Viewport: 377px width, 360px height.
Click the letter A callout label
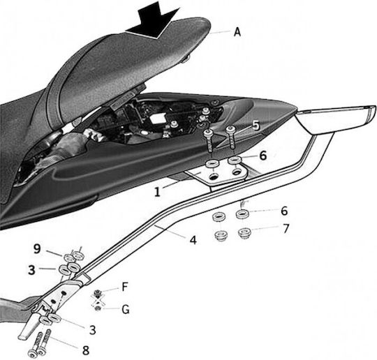(237, 31)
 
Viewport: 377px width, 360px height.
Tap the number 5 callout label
(256, 126)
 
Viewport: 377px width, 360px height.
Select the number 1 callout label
(157, 192)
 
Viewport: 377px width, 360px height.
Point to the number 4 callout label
(193, 240)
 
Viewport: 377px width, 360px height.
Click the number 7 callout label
(286, 229)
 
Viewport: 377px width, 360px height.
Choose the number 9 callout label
(37, 249)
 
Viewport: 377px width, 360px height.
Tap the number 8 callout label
(86, 350)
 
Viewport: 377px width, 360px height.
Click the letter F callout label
(124, 287)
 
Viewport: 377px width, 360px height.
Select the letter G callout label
(126, 310)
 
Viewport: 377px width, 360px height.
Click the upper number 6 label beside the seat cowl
(263, 156)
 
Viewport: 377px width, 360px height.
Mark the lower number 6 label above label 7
(284, 211)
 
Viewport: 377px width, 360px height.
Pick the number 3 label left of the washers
(31, 269)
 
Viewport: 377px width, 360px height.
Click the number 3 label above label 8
(93, 330)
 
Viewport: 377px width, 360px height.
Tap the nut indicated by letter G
(98, 308)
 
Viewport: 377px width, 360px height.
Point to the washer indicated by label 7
(244, 232)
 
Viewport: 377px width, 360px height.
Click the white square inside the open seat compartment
(156, 119)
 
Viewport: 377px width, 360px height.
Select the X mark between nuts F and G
(97, 301)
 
